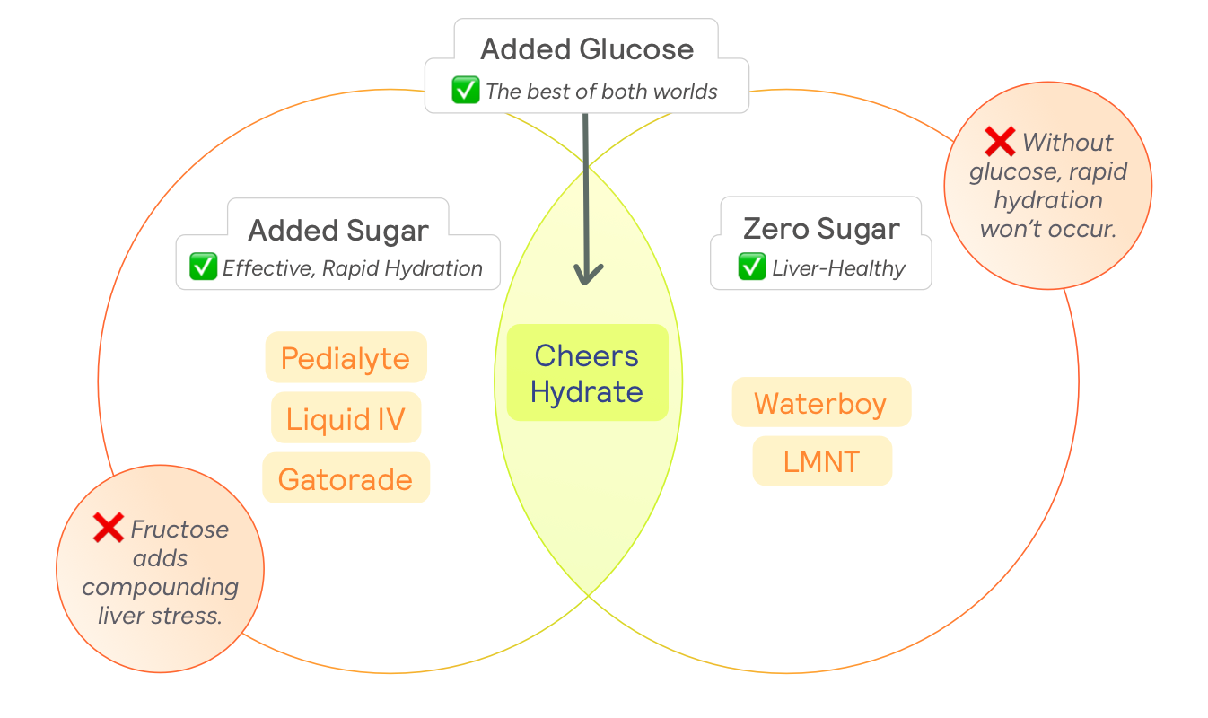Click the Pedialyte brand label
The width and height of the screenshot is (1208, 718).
[x=346, y=358]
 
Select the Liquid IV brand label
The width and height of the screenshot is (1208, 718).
[x=346, y=418]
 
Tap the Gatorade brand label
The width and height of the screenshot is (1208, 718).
[x=346, y=478]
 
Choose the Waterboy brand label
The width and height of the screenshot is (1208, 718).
[x=820, y=403]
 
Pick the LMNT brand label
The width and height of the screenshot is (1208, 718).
[x=821, y=461]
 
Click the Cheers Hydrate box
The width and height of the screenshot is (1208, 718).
[x=587, y=373]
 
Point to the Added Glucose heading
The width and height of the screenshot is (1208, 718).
[x=587, y=48]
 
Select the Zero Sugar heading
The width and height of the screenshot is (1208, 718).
[x=820, y=228]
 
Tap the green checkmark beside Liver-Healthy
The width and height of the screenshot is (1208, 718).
[x=751, y=267]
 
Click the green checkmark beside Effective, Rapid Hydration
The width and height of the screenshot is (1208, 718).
[x=203, y=267]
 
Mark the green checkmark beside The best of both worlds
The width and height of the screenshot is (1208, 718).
[x=465, y=90]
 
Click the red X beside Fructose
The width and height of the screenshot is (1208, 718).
[x=109, y=529]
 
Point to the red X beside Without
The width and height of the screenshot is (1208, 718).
[x=1000, y=141]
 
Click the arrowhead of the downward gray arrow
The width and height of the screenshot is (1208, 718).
[x=587, y=273]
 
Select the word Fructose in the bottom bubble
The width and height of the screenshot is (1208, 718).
[x=179, y=530]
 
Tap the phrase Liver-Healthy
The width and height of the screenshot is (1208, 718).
[x=838, y=267]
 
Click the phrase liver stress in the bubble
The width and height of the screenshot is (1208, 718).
[x=161, y=616]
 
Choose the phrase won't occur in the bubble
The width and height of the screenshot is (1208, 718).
[x=1047, y=228]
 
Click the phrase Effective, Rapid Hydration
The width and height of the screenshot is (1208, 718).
[x=352, y=267]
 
